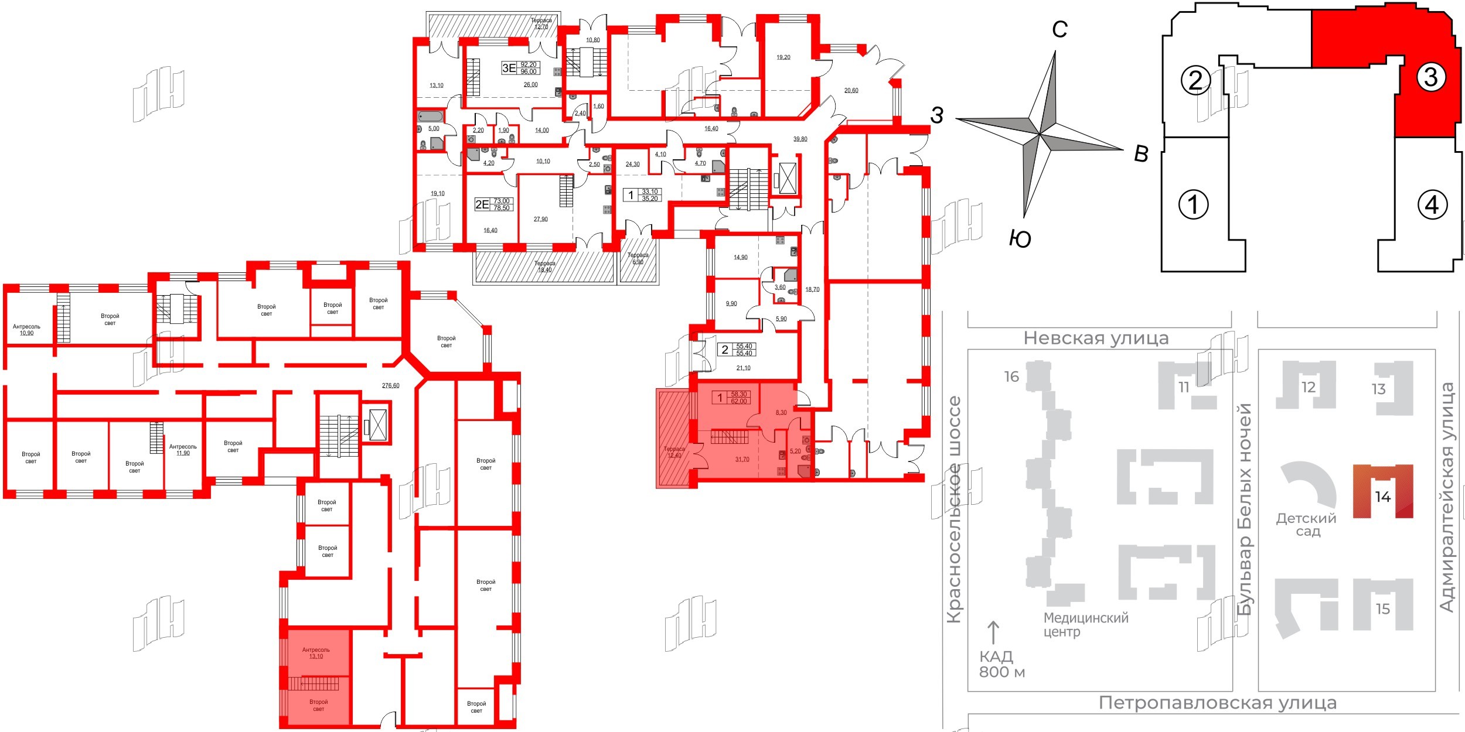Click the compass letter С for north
pyautogui.click(x=1059, y=29)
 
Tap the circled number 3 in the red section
pyautogui.click(x=1430, y=77)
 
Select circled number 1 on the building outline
pyautogui.click(x=1193, y=204)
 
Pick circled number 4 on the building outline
pyautogui.click(x=1432, y=204)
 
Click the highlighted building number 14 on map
pyautogui.click(x=1382, y=497)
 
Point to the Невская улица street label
pyautogui.click(x=1096, y=338)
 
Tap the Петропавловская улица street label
pyautogui.click(x=1217, y=703)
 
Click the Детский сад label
pyautogui.click(x=1307, y=525)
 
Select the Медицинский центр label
pyautogui.click(x=1085, y=624)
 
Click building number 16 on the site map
pyautogui.click(x=1011, y=377)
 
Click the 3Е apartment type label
pyautogui.click(x=509, y=68)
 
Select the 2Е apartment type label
pyautogui.click(x=482, y=204)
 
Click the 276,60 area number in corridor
pyautogui.click(x=390, y=385)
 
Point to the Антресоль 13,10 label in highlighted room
pyautogui.click(x=316, y=653)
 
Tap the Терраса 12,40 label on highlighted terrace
pyautogui.click(x=674, y=452)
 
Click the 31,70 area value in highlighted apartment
pyautogui.click(x=742, y=460)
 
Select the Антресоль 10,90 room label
pyautogui.click(x=26, y=330)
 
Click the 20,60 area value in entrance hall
pyautogui.click(x=851, y=90)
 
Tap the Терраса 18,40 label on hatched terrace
pyautogui.click(x=544, y=266)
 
